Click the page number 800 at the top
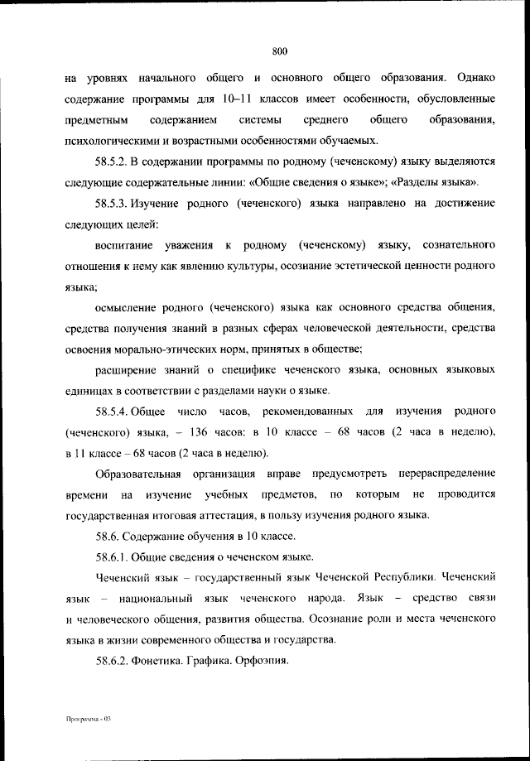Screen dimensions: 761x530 [279, 51]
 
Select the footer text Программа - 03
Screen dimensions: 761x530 [88, 720]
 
